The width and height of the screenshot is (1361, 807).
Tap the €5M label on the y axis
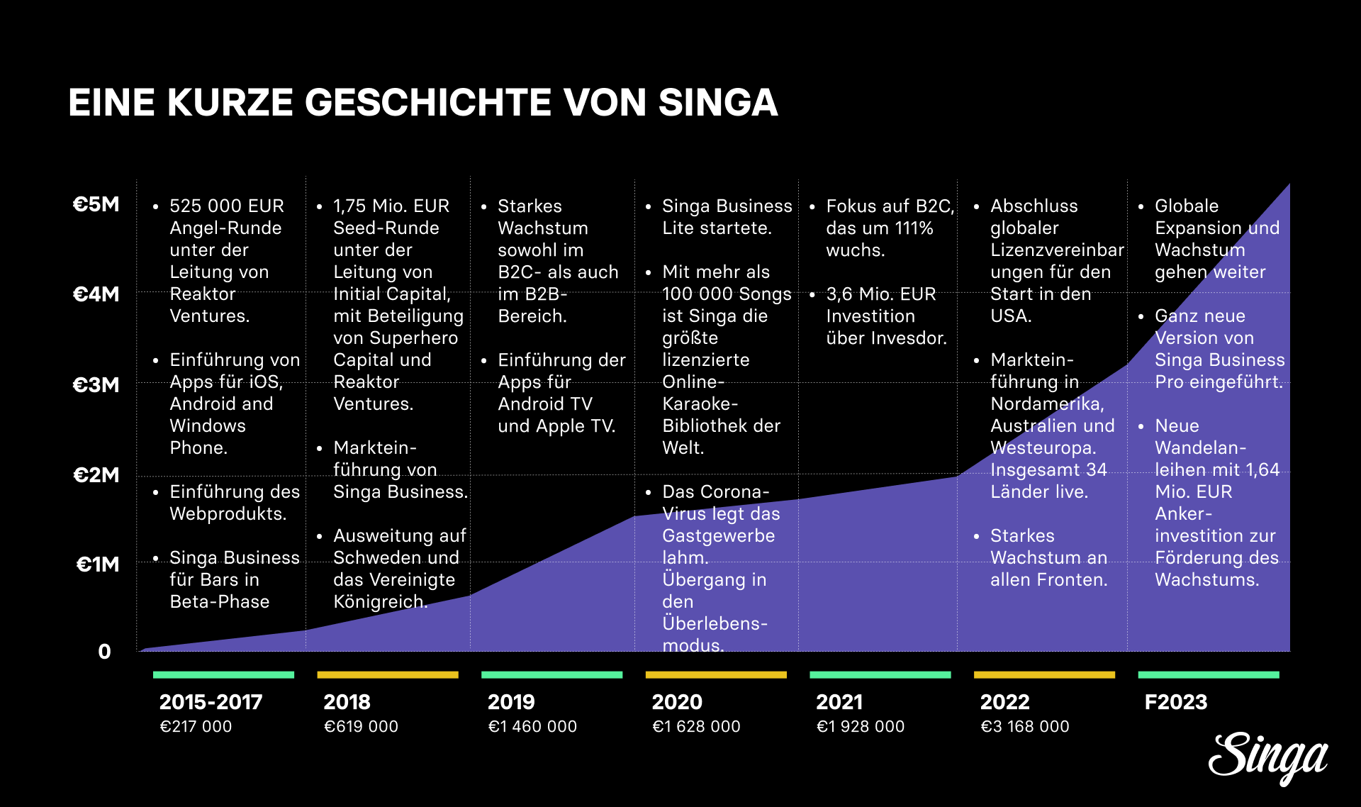(96, 204)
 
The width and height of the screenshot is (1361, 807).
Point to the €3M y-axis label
(96, 384)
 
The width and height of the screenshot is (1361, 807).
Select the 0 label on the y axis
(104, 651)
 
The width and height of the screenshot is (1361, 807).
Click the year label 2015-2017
(211, 702)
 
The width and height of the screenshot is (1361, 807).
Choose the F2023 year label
(1175, 702)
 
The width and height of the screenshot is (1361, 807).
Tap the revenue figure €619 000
(361, 726)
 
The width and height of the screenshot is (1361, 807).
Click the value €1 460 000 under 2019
(532, 726)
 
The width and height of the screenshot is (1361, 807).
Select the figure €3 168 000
(1024, 726)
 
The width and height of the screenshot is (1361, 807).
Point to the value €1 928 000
(860, 726)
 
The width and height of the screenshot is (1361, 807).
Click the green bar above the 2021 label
(880, 675)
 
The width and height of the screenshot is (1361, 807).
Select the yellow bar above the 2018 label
(388, 675)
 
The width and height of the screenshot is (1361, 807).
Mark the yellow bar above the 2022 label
(1044, 675)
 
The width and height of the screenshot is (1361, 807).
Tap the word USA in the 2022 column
(1009, 316)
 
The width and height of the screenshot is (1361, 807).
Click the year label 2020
(677, 702)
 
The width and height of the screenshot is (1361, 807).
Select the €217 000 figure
(196, 726)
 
